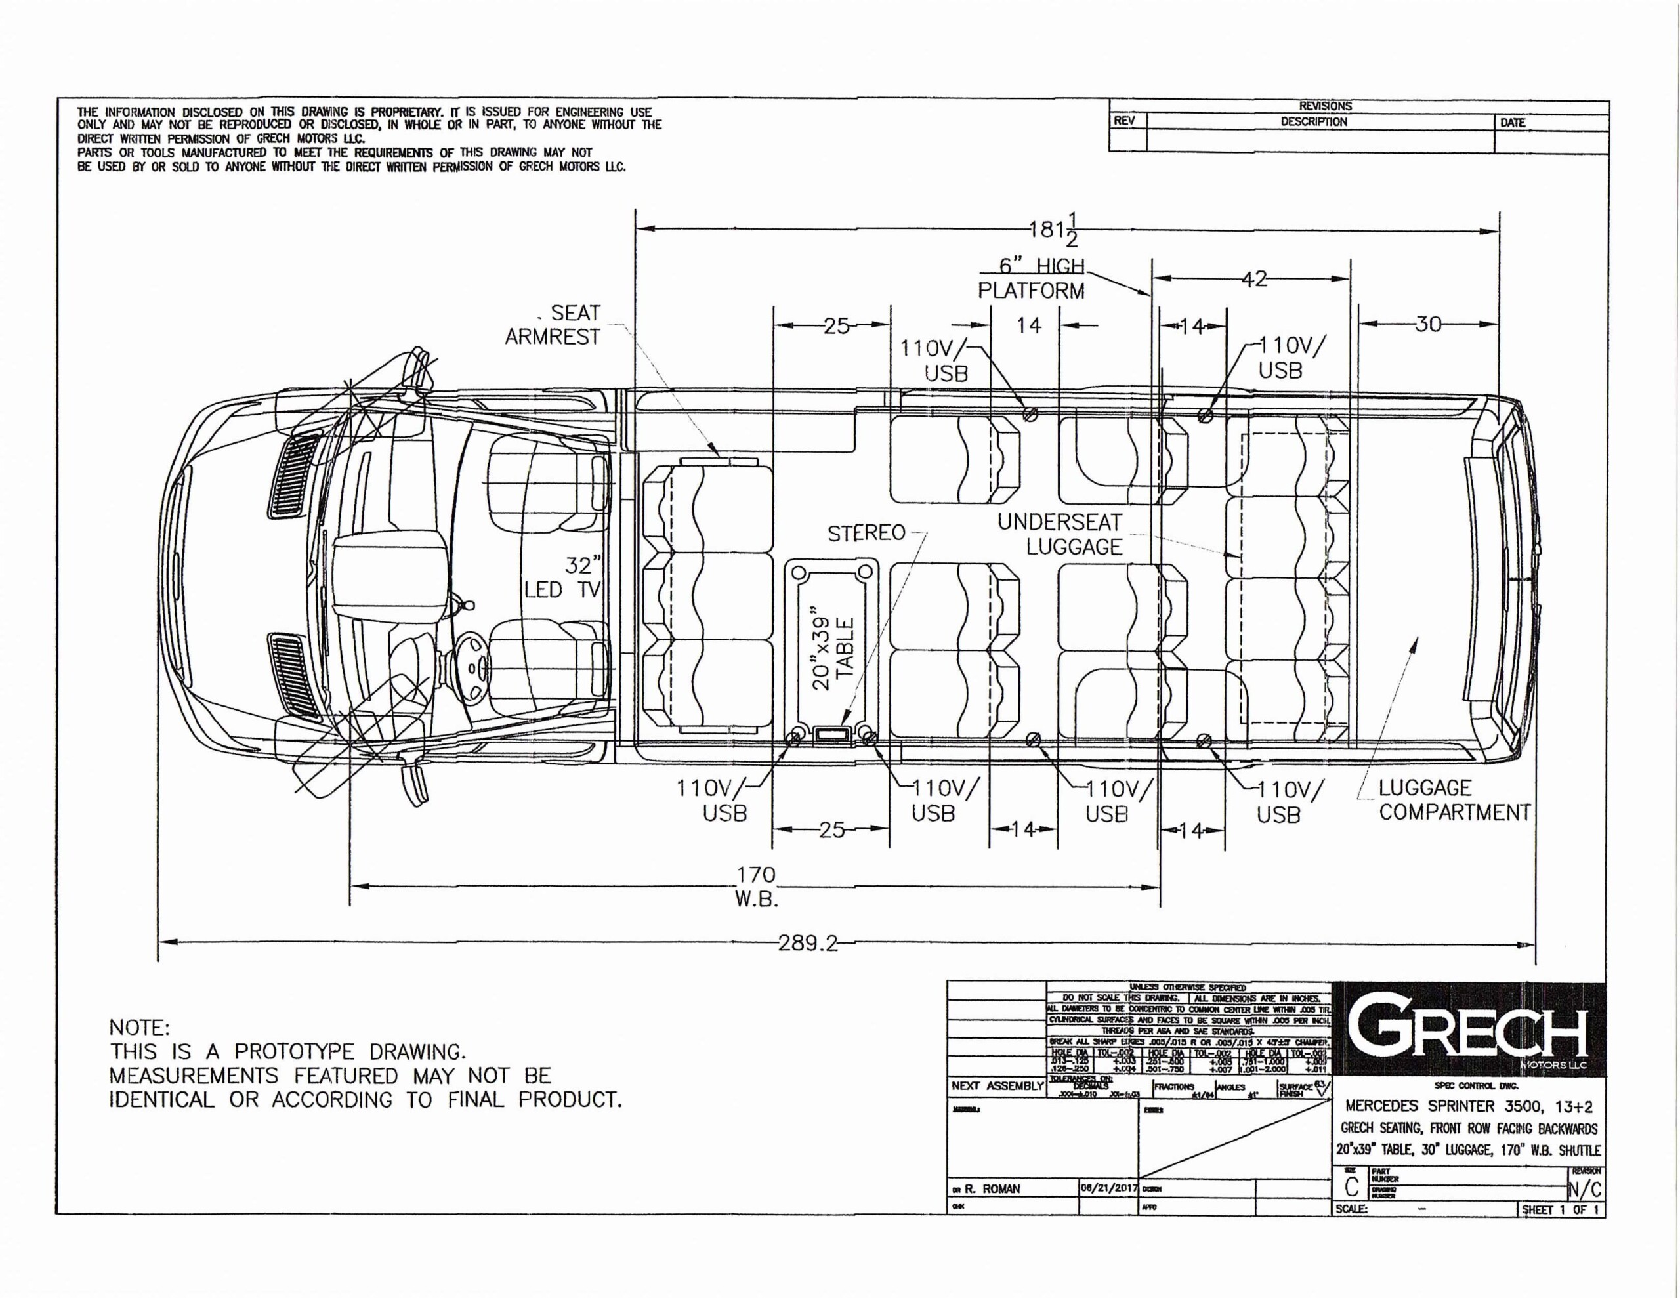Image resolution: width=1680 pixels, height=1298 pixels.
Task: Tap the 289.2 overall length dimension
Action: [808, 943]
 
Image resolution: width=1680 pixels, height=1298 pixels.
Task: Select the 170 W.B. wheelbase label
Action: [757, 887]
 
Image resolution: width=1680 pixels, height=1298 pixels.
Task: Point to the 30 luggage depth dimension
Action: [1428, 324]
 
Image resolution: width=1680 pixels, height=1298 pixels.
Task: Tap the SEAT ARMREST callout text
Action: [553, 325]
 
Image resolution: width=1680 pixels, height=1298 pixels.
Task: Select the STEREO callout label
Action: [866, 534]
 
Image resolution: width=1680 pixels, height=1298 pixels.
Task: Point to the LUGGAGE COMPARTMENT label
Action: [1453, 800]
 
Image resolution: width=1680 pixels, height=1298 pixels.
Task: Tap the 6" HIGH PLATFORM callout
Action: [1032, 278]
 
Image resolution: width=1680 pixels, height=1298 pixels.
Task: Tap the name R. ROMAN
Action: [992, 1189]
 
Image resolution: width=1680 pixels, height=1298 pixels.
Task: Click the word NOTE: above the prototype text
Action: [138, 1028]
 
